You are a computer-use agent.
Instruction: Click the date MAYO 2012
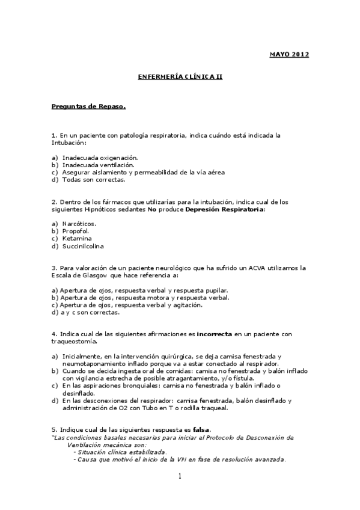[x=288, y=55]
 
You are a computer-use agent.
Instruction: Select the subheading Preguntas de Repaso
[x=88, y=106]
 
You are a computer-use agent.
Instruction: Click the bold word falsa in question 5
[x=201, y=430]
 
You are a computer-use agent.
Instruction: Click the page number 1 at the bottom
[x=179, y=477]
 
